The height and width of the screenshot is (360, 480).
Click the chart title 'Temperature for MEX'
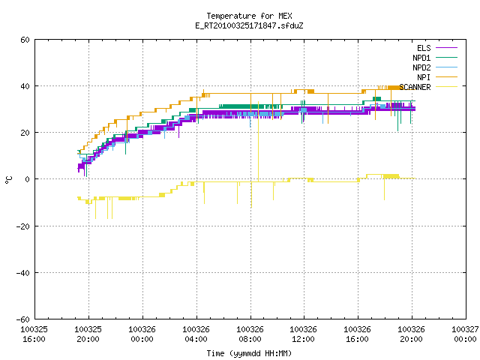coord(249,16)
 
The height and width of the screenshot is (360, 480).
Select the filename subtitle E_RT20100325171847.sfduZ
coord(249,25)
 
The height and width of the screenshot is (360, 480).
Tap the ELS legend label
coord(424,48)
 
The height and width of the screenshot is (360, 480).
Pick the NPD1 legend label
coord(421,58)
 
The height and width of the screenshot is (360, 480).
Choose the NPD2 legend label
coord(421,67)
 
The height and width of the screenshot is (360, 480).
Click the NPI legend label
coord(424,77)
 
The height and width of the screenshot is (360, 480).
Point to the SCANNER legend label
coord(415,87)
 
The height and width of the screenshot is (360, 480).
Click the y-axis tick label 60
coord(25,40)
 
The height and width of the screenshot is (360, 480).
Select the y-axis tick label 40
coord(25,86)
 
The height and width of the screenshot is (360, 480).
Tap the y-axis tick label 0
coord(28,179)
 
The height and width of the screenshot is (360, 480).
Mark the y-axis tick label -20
coord(23,226)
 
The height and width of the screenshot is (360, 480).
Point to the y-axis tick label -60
coord(23,319)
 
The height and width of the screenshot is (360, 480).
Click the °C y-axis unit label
coord(8,180)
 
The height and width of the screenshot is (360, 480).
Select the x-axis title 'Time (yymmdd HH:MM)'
coord(249,353)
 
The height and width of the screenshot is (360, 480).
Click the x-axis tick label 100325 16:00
coord(34,334)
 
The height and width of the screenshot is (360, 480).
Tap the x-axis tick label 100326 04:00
coord(196,334)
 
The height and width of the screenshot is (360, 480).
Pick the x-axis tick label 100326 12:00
coord(304,334)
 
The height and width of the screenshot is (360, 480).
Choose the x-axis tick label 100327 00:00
coord(465,334)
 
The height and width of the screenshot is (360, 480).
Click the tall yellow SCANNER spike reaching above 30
coord(258,142)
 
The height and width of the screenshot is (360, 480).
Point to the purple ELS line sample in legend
coord(447,48)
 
